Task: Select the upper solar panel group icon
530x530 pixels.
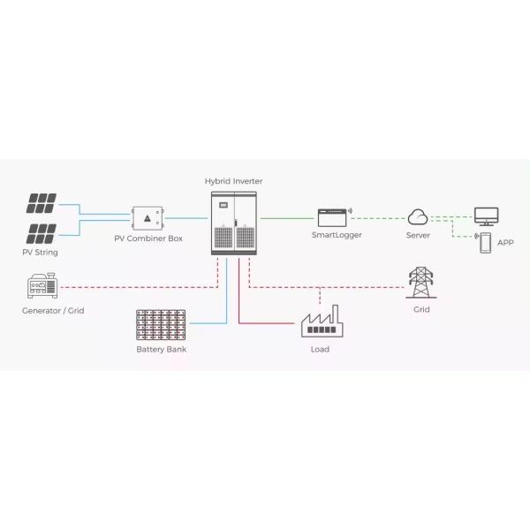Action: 42,204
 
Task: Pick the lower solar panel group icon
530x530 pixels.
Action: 42,234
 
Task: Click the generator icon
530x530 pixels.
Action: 42,287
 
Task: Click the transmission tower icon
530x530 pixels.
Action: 420,284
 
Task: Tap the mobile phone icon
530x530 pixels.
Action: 485,243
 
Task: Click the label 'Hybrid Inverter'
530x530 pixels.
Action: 233,181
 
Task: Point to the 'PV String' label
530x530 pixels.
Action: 40,253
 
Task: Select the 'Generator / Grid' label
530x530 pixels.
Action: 53,311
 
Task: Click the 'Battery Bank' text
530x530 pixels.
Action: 161,350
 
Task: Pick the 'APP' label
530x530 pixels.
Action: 505,242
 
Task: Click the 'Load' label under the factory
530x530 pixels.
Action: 320,350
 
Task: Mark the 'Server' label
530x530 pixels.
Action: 418,236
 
